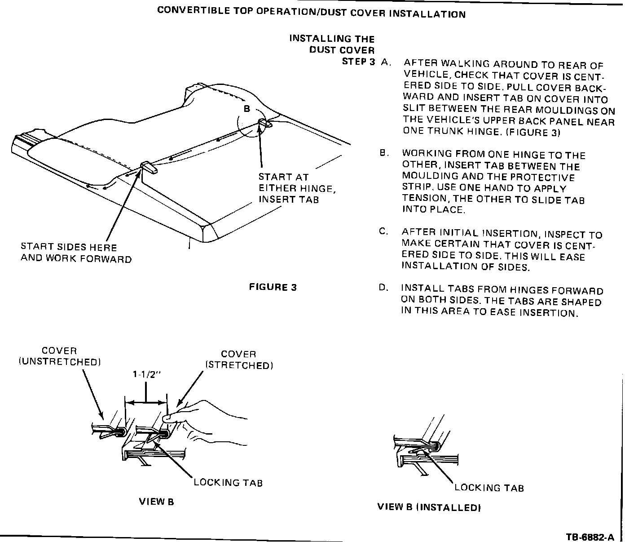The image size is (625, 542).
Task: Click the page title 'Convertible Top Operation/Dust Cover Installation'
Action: click(311, 12)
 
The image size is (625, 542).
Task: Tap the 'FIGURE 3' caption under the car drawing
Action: click(273, 287)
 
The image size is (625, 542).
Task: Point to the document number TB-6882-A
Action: click(589, 537)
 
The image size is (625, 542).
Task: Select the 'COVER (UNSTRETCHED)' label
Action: click(59, 356)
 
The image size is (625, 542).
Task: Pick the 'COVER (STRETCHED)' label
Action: click(239, 360)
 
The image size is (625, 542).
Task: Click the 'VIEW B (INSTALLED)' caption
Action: click(429, 507)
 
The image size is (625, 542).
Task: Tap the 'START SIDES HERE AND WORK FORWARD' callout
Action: click(76, 253)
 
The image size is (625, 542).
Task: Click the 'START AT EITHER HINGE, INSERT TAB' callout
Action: click(297, 188)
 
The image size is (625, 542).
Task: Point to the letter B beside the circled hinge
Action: click(246, 109)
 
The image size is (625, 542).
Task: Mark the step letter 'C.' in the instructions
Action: click(383, 232)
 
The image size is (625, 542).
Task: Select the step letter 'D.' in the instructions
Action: click(383, 288)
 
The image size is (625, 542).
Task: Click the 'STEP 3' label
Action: click(358, 62)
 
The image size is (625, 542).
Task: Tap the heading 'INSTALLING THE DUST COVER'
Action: click(332, 44)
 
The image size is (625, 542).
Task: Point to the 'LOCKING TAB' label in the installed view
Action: click(489, 488)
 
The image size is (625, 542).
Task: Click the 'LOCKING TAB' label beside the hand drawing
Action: click(228, 483)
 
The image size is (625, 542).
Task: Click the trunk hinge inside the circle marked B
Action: click(263, 123)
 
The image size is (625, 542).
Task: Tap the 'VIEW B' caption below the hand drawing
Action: click(156, 502)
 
